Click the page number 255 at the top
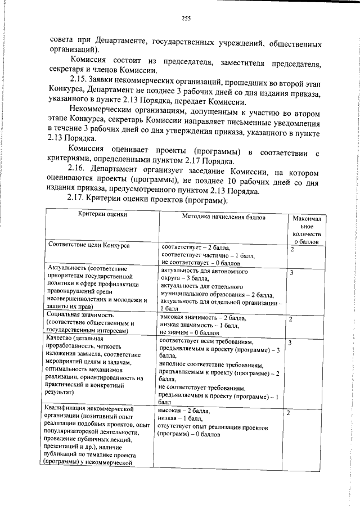186,19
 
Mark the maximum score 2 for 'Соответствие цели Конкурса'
292,249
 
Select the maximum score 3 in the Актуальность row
292,273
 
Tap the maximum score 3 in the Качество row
290,343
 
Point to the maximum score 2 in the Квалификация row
288,413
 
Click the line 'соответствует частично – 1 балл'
208,255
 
